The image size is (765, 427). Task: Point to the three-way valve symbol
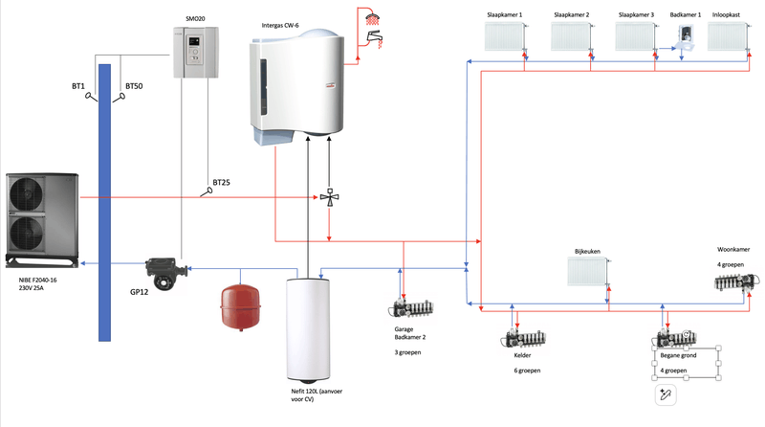coord(329,198)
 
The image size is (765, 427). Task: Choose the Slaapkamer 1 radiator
coord(506,37)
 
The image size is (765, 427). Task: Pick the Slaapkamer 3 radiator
coord(636,37)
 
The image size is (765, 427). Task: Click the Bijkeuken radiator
coord(587,273)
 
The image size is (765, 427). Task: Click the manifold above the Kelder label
coord(521,340)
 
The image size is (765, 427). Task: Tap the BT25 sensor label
coord(222,182)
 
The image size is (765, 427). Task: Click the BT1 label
coord(79,87)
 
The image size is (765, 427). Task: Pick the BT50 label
coord(133,87)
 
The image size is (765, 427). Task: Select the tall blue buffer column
coord(105,201)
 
